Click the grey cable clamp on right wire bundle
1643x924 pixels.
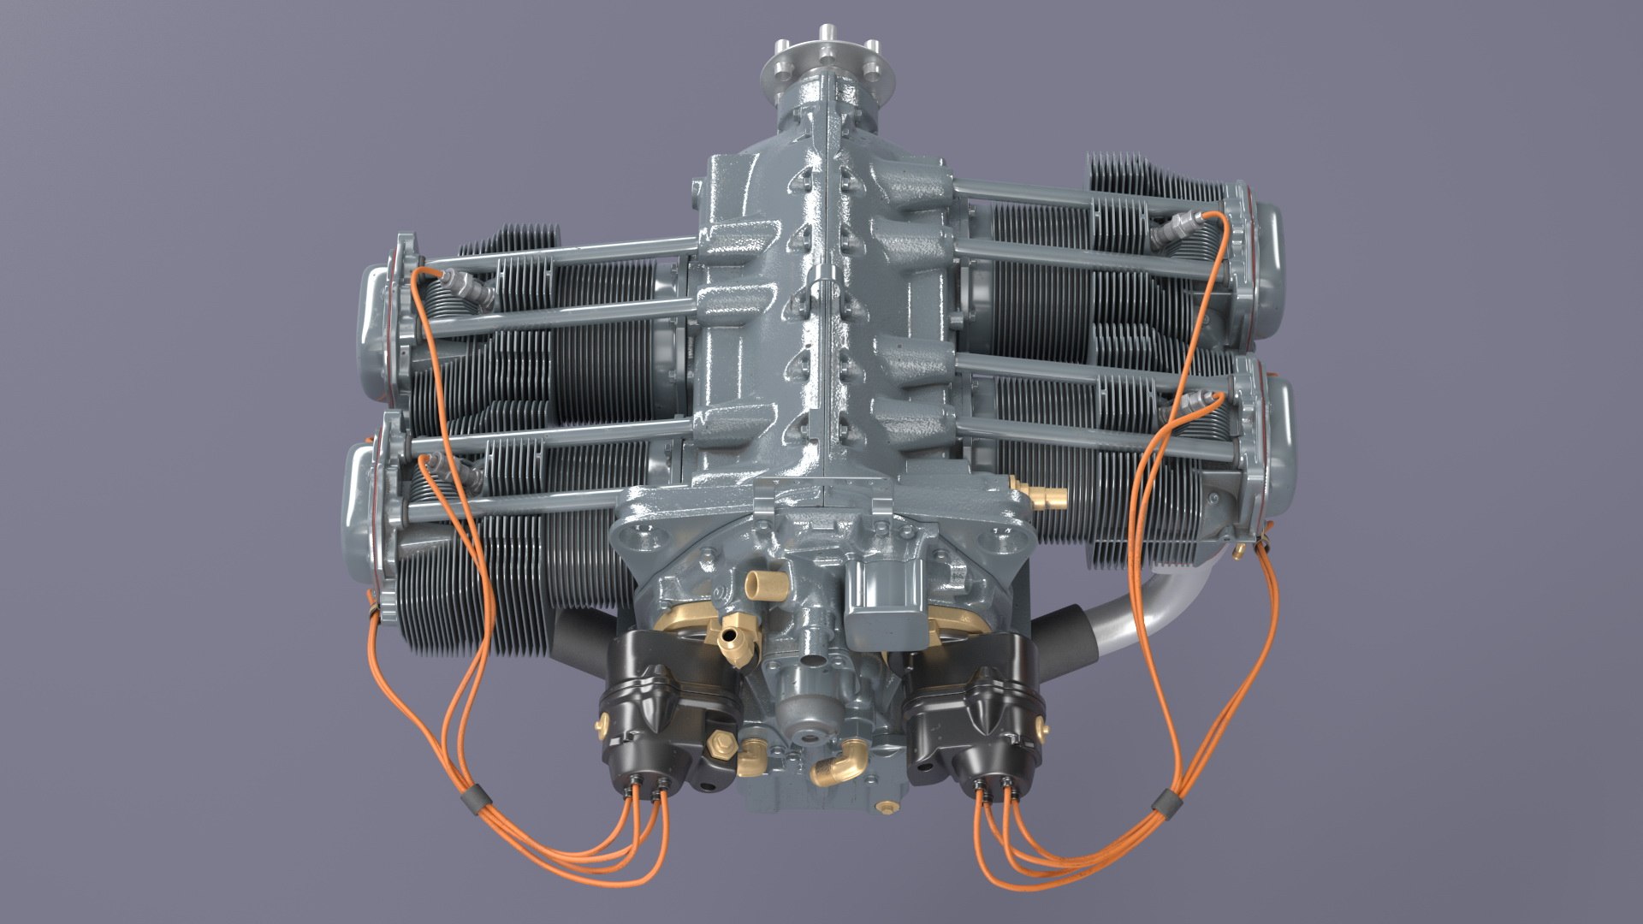(x=1161, y=803)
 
